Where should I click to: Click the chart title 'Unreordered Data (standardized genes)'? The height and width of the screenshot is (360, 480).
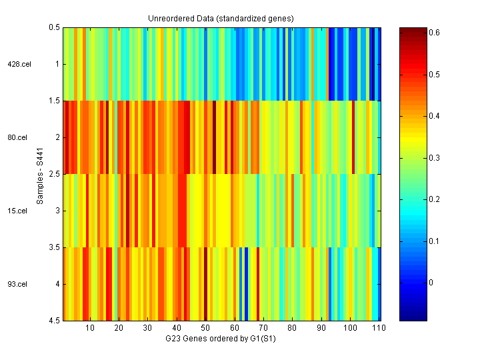click(221, 19)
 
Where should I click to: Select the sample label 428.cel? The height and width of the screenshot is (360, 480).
click(17, 64)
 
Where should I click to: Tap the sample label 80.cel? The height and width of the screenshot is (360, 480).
click(17, 137)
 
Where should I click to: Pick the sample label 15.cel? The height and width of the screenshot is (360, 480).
click(17, 211)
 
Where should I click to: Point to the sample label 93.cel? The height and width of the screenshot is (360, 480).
click(17, 284)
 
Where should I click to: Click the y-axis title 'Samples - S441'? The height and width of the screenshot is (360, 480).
click(41, 174)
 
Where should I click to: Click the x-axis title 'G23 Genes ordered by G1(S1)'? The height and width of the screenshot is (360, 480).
click(221, 339)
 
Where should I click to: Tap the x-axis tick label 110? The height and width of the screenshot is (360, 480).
click(378, 329)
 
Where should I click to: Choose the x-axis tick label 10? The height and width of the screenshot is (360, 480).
click(90, 329)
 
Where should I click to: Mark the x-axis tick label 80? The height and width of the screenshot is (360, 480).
click(292, 329)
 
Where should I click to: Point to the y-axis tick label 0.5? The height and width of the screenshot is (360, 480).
click(53, 27)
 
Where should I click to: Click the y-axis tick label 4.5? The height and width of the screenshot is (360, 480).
click(53, 321)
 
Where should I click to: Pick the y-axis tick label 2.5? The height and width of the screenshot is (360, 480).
click(53, 174)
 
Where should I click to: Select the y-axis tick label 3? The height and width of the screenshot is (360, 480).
click(57, 211)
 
